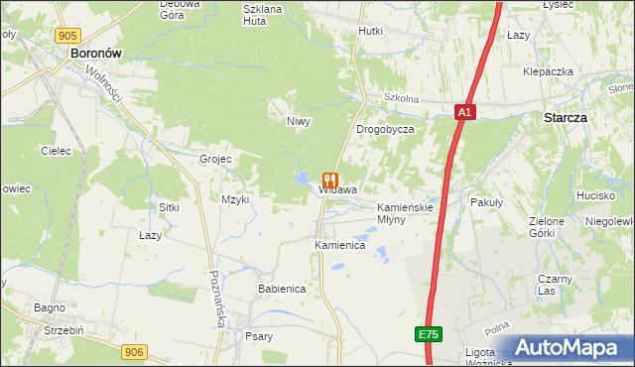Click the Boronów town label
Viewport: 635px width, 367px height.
[x=96, y=57]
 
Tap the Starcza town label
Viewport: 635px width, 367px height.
[x=565, y=117]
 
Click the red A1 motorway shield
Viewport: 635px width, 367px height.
[x=465, y=113]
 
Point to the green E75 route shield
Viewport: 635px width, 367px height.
[x=428, y=335]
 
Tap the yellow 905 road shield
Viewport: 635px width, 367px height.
[x=67, y=36]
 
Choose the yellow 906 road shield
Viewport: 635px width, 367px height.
[x=136, y=351]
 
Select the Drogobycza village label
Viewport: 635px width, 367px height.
[x=385, y=130]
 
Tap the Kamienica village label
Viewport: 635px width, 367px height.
[x=340, y=244]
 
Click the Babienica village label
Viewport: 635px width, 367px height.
[x=281, y=289]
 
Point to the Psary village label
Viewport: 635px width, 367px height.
[x=259, y=336]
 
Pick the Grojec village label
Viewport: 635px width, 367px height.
[x=215, y=159]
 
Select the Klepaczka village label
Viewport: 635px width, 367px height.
[x=550, y=72]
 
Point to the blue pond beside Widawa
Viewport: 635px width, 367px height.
[x=300, y=180]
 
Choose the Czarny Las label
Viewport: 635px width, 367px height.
[x=555, y=285]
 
